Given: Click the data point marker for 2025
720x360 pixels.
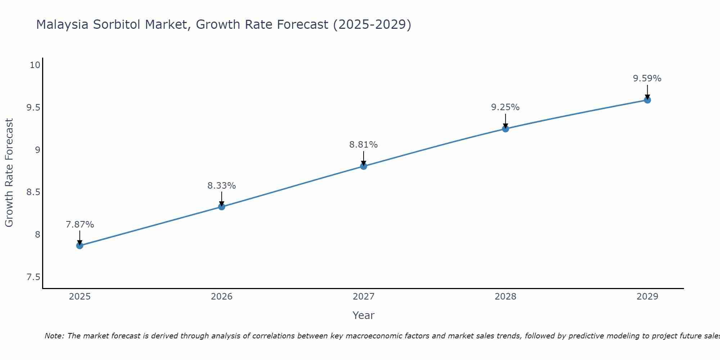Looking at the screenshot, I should click(80, 246).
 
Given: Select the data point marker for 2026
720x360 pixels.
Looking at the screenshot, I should click(221, 207).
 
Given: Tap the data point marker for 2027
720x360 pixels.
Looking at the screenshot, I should click(363, 166).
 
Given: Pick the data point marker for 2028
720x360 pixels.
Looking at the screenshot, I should click(505, 129).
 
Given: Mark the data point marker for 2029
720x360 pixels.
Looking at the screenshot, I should click(647, 100).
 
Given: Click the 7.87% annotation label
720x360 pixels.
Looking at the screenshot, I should click(80, 225).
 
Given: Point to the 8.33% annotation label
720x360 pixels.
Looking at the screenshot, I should click(221, 186).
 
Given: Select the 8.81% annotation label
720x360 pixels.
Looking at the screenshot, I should click(363, 145).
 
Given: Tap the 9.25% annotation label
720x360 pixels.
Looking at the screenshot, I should click(505, 107).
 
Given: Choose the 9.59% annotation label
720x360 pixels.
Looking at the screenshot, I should click(647, 78).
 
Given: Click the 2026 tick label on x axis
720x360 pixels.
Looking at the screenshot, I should click(221, 297).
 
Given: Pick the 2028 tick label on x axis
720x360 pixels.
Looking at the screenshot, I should click(505, 297).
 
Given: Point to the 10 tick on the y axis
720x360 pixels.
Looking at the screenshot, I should click(35, 65).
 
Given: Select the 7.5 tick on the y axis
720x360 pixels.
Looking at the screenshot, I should click(33, 277).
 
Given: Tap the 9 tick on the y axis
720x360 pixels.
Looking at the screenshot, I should click(37, 150).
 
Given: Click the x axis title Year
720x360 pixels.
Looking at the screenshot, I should click(363, 315).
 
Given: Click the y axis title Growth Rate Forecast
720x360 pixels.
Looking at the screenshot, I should click(9, 173).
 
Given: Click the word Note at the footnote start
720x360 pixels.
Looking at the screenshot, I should click(54, 336).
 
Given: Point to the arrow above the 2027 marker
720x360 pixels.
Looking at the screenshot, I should click(363, 158).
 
